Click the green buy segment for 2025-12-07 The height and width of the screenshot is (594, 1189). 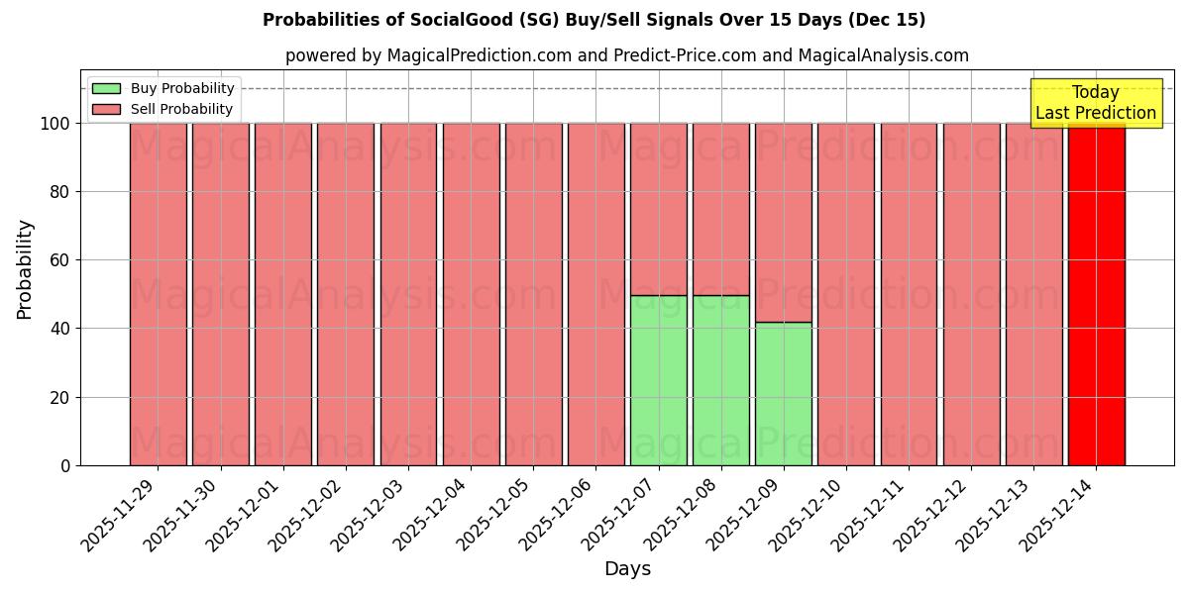click(658, 380)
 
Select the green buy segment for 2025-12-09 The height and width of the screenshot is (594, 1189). click(783, 393)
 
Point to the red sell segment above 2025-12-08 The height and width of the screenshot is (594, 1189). click(720, 209)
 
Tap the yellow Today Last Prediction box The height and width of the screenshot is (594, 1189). click(1096, 103)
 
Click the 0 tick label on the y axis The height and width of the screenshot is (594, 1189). click(65, 465)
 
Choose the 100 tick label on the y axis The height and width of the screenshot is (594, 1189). click(54, 124)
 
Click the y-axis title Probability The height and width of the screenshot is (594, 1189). click(25, 269)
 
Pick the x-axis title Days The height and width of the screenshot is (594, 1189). click(627, 569)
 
